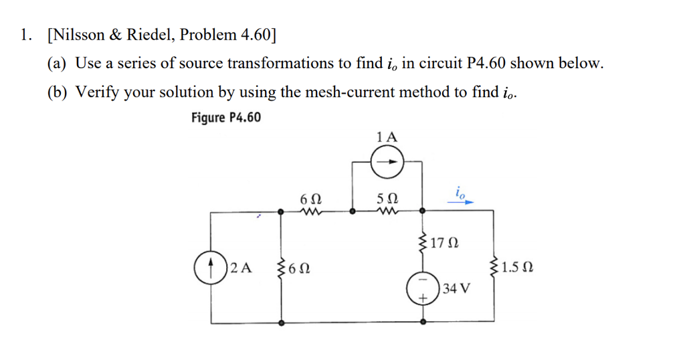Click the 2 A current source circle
tap(211, 268)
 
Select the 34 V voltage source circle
tap(423, 289)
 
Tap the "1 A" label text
tap(387, 137)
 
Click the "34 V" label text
tap(456, 289)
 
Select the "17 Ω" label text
tap(446, 242)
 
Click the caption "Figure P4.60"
tap(225, 118)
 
